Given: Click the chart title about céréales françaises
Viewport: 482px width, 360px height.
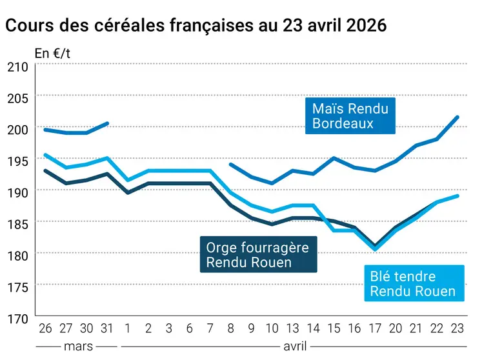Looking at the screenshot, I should click(196, 26).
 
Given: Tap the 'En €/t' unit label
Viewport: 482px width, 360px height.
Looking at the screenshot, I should click(53, 54).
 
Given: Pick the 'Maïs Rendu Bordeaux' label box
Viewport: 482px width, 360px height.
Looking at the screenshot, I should click(350, 115).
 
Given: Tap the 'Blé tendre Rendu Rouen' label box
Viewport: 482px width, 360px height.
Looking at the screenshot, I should click(413, 284).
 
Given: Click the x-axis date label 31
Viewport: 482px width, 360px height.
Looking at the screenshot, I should click(107, 328).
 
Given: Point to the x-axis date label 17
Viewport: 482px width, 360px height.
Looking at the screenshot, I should click(375, 328).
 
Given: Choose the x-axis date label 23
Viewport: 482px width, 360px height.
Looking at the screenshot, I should click(457, 328).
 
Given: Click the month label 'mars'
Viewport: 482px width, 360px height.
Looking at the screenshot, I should click(77, 346).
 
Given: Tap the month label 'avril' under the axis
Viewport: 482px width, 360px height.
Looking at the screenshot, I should click(294, 346).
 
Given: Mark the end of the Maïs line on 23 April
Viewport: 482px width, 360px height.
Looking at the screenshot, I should click(457, 117).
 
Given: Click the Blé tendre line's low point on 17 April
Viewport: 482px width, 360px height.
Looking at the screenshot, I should click(375, 249).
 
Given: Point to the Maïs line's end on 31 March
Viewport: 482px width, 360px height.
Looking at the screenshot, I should click(108, 123).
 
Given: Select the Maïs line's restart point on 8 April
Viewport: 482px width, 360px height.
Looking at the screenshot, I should click(231, 165).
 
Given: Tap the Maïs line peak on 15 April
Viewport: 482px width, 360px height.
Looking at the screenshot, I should click(334, 157).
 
